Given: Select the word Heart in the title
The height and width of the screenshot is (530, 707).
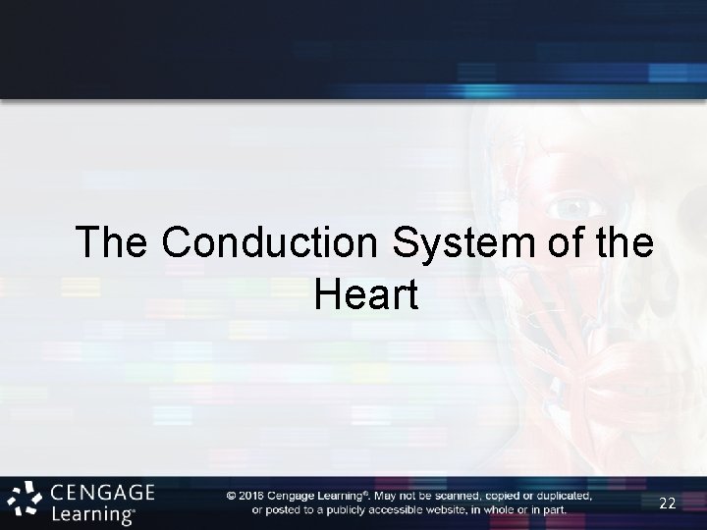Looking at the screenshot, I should coord(367,293).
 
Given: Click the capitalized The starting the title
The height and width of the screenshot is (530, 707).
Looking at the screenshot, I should coord(114,243).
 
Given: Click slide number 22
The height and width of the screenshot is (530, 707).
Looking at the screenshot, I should coord(667,503).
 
